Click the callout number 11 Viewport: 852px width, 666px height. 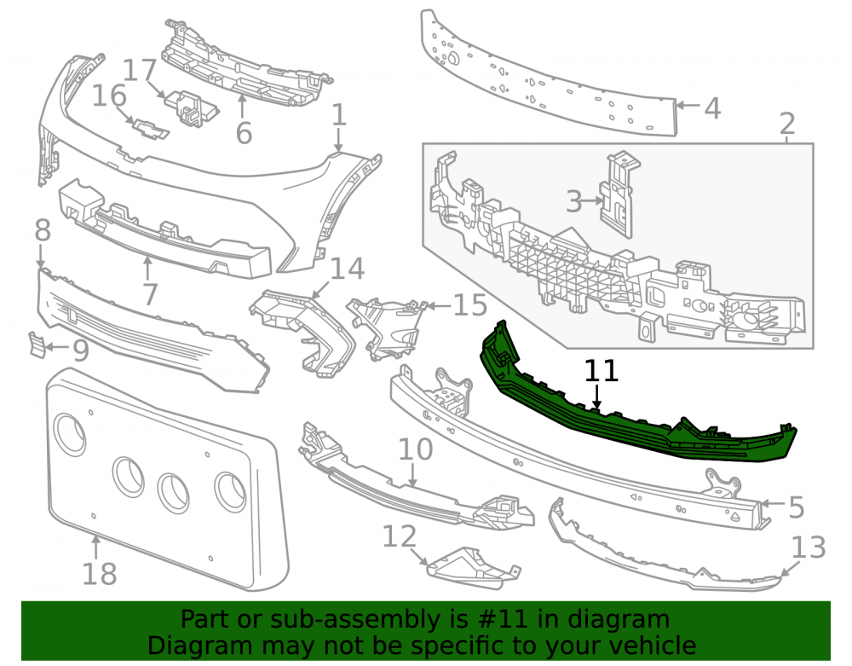(x=602, y=371)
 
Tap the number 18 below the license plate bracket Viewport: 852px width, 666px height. (x=100, y=574)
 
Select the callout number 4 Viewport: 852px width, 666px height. (x=712, y=108)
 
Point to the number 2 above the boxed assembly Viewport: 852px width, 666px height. (x=787, y=125)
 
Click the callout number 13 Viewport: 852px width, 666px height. (x=809, y=547)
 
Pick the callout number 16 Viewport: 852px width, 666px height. (x=109, y=96)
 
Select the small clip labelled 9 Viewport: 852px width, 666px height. (x=37, y=345)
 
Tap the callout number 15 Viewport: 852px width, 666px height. (x=470, y=305)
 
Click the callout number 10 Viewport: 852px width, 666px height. (x=416, y=449)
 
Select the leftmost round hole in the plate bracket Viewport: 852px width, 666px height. (x=70, y=434)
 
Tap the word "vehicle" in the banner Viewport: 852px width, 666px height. (x=653, y=646)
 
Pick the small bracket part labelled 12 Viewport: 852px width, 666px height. (x=473, y=568)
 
